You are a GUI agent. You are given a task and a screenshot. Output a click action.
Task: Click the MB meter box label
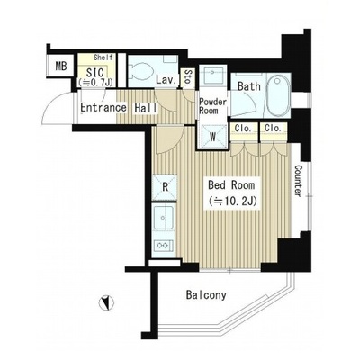point(61,66)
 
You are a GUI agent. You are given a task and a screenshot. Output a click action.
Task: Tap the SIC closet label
point(94,73)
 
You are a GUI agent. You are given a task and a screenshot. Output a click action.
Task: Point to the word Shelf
point(103,57)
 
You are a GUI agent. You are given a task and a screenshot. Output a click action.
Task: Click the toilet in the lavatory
point(141,71)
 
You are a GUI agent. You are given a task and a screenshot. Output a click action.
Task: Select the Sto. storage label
point(188,78)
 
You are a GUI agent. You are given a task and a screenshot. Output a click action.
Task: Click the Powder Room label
point(213,106)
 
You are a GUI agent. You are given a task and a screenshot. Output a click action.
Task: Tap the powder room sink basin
point(213,74)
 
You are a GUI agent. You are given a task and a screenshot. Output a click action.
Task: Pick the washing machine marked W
point(213,137)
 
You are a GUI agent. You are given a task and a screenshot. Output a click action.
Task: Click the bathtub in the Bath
point(279,95)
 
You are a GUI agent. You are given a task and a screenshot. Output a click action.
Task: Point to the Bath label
point(249,86)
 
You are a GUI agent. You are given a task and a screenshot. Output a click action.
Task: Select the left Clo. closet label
point(243,129)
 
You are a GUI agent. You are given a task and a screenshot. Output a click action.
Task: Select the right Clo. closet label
point(273,129)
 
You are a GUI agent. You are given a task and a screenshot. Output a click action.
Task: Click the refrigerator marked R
point(165,187)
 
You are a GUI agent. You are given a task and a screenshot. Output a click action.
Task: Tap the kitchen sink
point(163,218)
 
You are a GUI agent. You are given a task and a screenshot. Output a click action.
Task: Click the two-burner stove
point(162,246)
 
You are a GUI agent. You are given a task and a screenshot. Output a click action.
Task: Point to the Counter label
point(298,181)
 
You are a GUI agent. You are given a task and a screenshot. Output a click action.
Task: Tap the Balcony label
point(206,295)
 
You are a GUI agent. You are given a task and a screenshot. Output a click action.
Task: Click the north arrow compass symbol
point(106,303)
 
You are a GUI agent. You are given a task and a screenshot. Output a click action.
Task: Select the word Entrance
point(103,108)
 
